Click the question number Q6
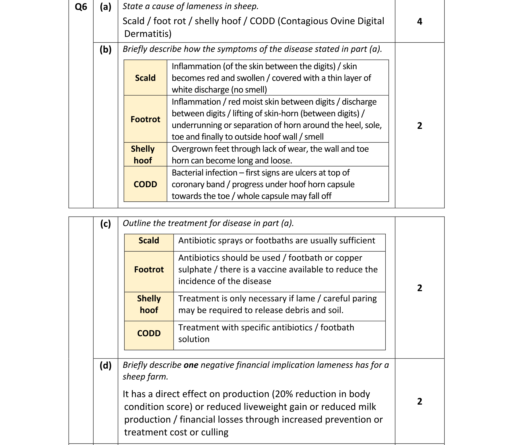[81, 7]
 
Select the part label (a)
[106, 7]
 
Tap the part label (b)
[106, 50]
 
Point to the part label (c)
[106, 224]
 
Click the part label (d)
[106, 365]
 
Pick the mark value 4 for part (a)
[419, 22]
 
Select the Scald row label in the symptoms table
[145, 78]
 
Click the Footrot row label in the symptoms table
[145, 119]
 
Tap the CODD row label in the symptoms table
[145, 184]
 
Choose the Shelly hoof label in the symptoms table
[143, 154]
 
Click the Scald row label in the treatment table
[149, 241]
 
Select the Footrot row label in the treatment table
[149, 269]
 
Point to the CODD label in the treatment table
[149, 333]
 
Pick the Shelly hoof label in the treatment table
[149, 304]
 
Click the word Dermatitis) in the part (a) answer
[148, 34]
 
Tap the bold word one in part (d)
[191, 365]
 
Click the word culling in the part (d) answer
[215, 432]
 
